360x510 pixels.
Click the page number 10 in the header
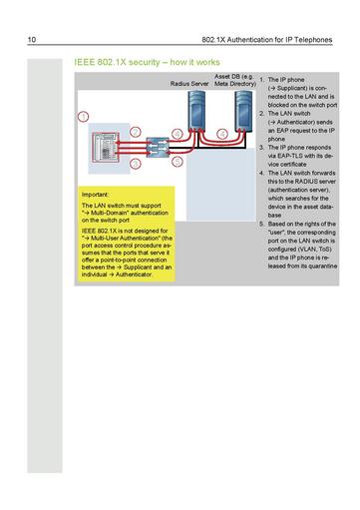(32, 40)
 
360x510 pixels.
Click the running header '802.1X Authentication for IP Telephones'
(267, 40)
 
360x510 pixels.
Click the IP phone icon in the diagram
(103, 146)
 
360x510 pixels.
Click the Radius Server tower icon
(195, 115)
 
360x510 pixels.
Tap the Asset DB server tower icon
(240, 115)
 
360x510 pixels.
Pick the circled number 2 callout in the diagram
(177, 133)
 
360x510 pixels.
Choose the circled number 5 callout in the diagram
(177, 160)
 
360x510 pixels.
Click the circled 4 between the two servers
(218, 133)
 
